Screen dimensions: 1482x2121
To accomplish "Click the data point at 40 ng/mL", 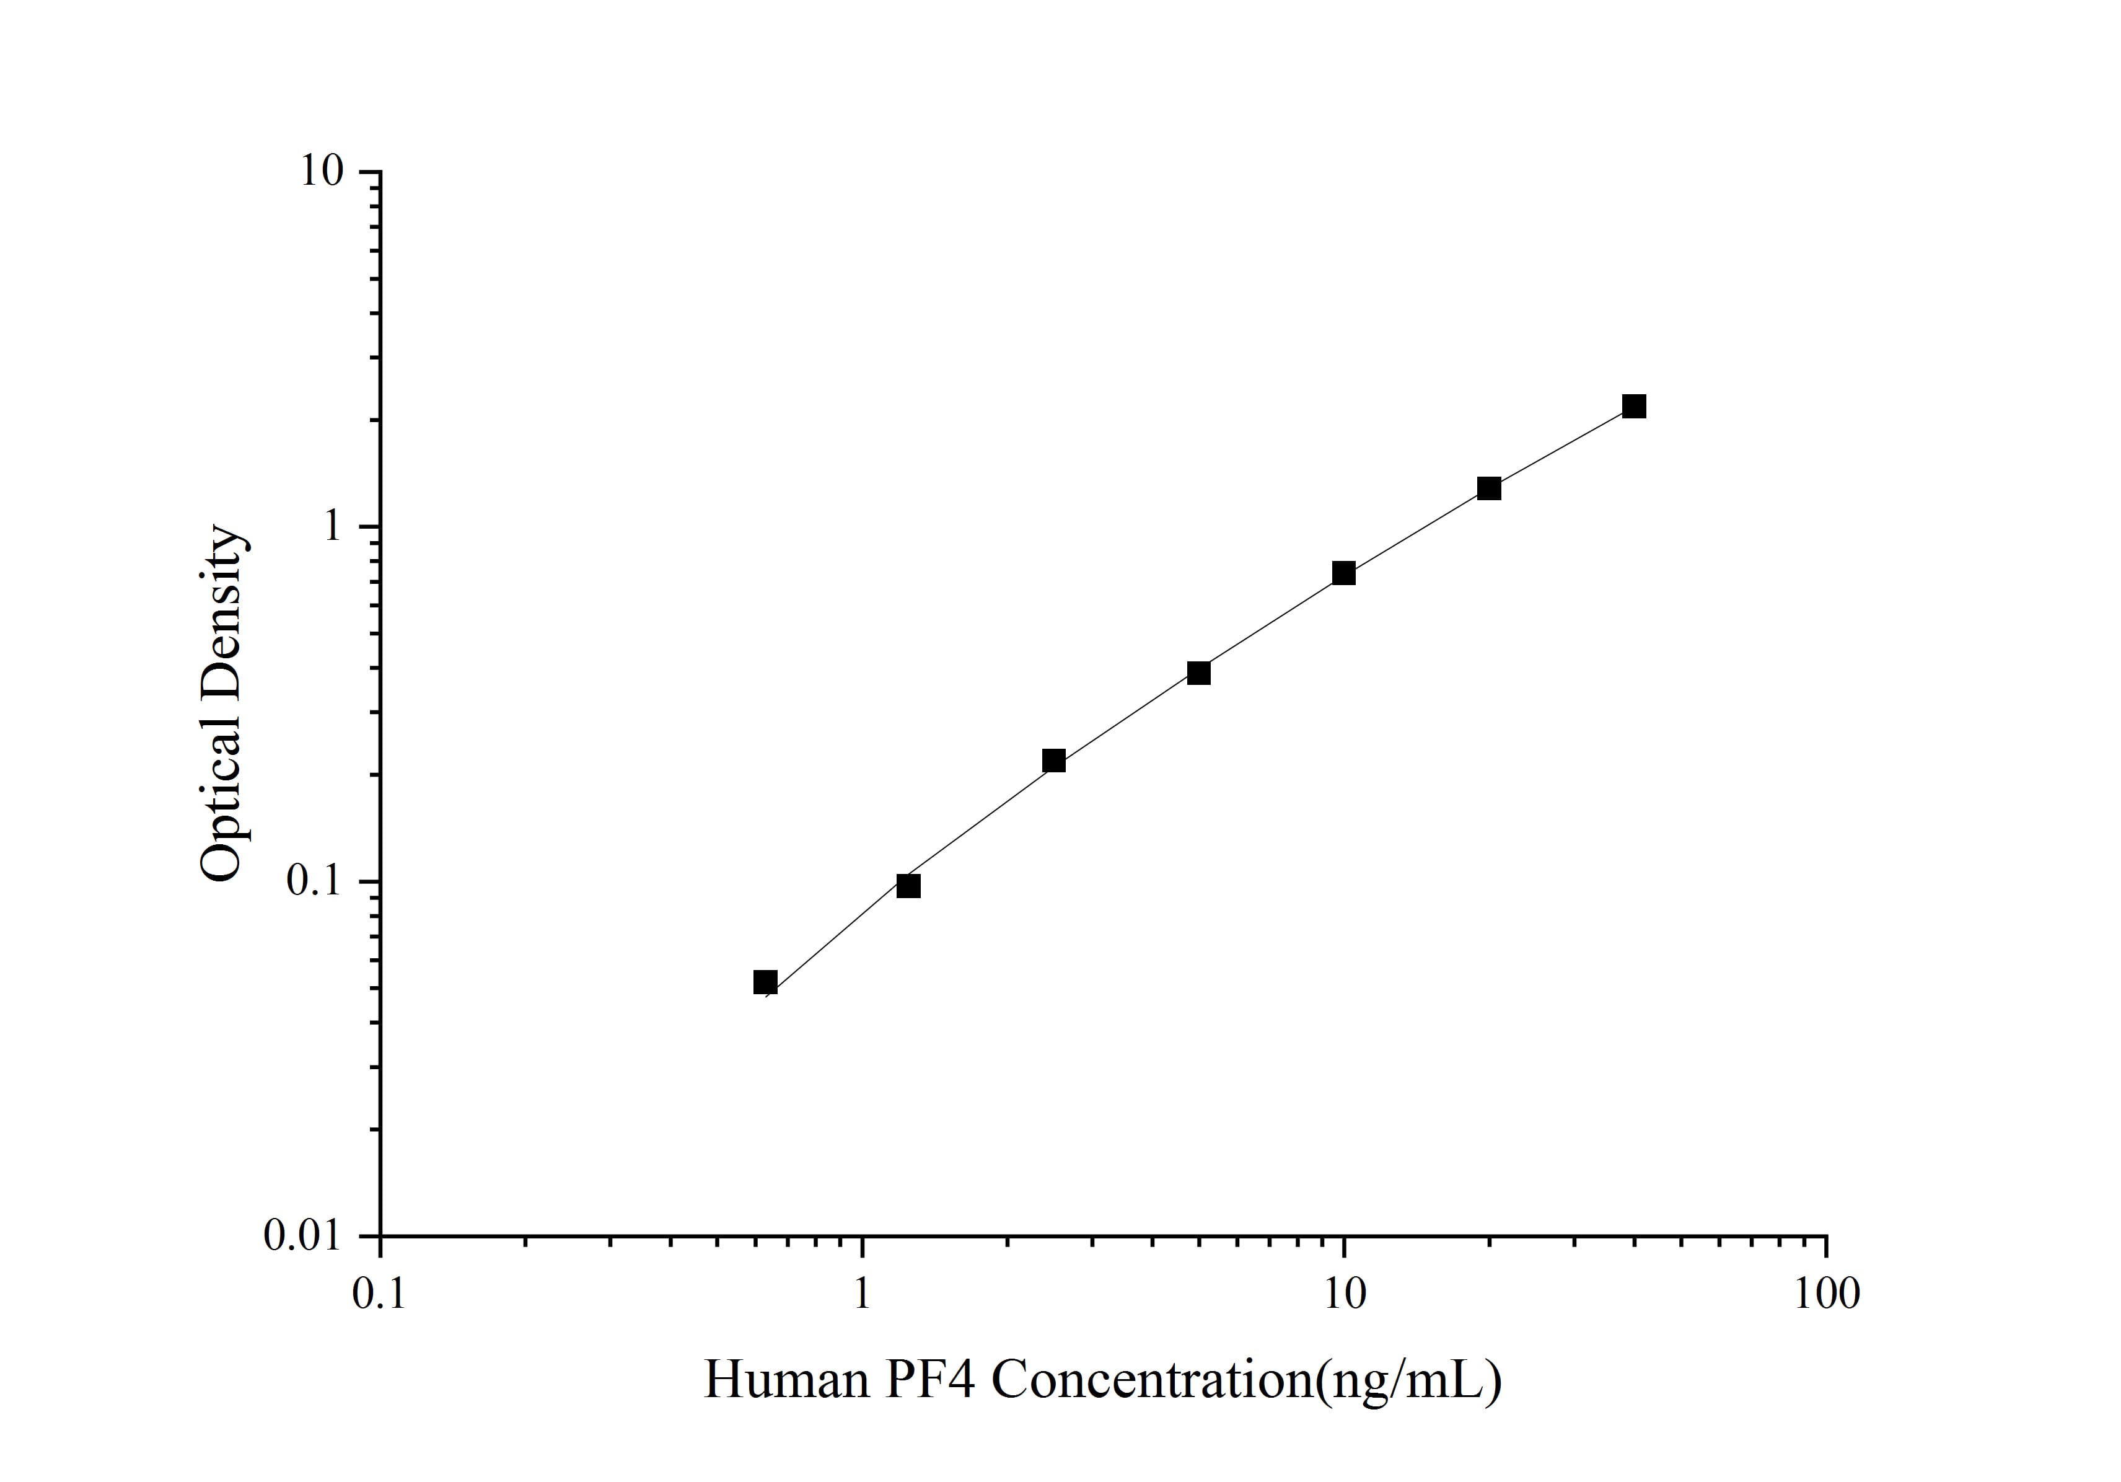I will tap(1634, 407).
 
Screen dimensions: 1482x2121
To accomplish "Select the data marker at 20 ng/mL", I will tap(1489, 489).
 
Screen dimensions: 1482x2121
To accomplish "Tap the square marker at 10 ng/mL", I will tap(1344, 574).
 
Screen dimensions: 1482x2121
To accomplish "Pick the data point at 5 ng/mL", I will tap(1199, 673).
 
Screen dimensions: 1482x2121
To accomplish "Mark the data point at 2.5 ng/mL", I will tap(1054, 761).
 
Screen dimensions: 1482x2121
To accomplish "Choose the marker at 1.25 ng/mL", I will tap(909, 886).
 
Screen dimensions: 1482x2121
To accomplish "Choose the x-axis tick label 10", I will tap(1344, 1294).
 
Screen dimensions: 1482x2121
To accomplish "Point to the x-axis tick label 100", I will tap(1826, 1294).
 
